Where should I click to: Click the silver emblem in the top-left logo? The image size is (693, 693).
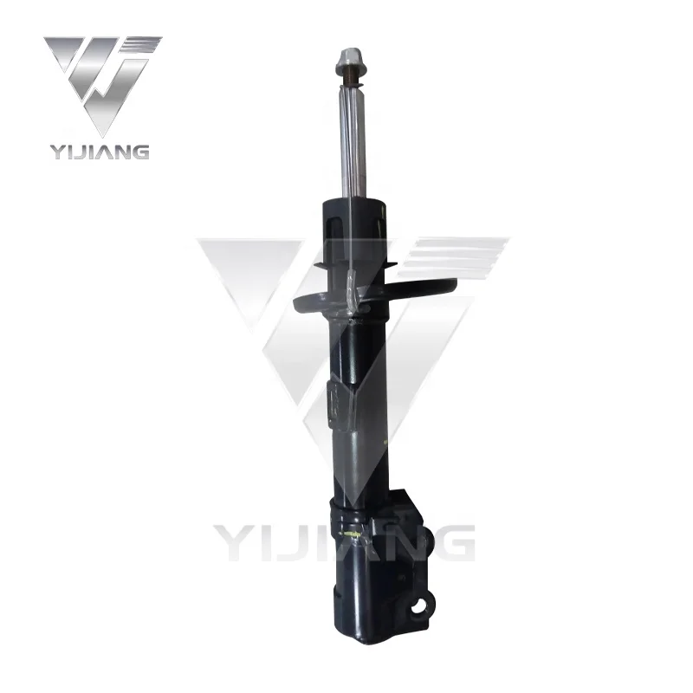pyautogui.click(x=102, y=82)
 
